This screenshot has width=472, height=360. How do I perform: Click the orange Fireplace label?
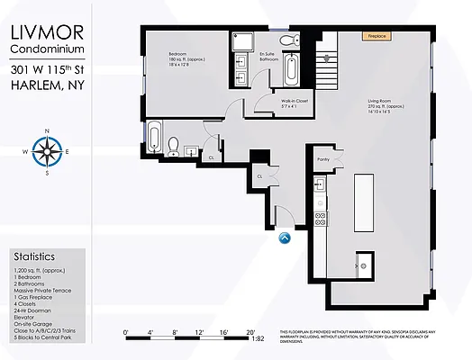click(377, 37)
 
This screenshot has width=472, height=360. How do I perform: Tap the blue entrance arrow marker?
click(286, 238)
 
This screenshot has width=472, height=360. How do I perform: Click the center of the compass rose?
click(45, 151)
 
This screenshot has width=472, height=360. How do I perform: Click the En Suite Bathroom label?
click(268, 57)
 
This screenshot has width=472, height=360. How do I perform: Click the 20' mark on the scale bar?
click(249, 330)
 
